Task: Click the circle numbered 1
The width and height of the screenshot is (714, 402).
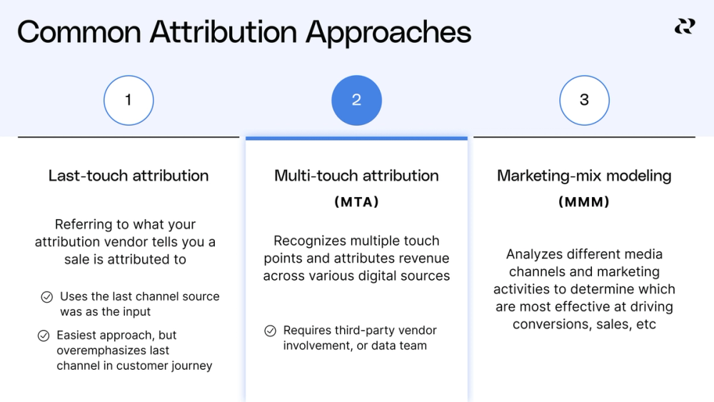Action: [x=129, y=101]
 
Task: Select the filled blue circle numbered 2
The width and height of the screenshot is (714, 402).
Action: [x=356, y=101]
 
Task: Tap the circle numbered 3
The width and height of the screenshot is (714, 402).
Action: [x=584, y=101]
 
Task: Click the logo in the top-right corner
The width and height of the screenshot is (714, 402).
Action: [x=684, y=27]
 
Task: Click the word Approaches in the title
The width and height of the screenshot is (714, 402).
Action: [x=388, y=33]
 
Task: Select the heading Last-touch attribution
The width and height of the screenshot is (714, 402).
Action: [x=129, y=176]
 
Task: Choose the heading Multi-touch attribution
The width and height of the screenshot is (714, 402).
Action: [x=356, y=176]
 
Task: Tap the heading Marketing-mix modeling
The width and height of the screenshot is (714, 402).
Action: [x=584, y=176]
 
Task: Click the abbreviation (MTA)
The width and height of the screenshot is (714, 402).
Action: [x=356, y=202]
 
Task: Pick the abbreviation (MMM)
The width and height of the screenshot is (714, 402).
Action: [x=584, y=202]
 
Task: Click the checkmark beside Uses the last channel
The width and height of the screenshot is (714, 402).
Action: [x=46, y=297]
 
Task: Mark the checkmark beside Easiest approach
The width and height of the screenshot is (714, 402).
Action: [x=44, y=336]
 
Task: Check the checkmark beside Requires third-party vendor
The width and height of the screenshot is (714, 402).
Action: [x=270, y=331]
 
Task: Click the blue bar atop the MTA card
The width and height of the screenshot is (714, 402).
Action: [x=356, y=138]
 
